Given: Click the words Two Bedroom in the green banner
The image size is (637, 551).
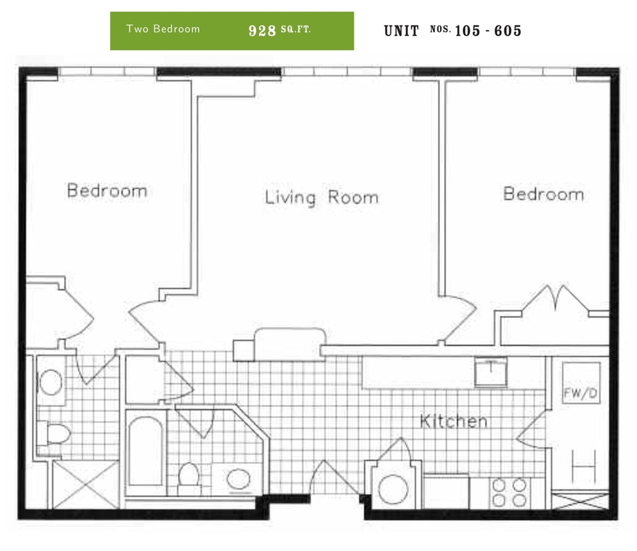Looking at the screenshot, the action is (163, 29).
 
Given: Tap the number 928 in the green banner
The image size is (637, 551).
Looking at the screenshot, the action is (262, 30).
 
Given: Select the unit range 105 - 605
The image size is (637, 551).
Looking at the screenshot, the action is (488, 31).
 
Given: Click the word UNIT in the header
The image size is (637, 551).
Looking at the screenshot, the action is (401, 31).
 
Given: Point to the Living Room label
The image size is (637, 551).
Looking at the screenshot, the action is (322, 197).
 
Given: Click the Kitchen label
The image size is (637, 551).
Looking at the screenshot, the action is (454, 422).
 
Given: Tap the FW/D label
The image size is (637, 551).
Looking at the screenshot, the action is (580, 393).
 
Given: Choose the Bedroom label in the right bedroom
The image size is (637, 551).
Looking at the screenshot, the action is (543, 194).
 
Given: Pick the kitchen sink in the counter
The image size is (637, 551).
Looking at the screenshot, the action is (490, 371).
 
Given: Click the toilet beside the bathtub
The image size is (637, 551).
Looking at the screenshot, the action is (188, 475).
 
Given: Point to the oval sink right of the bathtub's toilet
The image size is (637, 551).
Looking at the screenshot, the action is (238, 479).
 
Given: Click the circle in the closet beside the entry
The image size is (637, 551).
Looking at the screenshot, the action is (393, 489).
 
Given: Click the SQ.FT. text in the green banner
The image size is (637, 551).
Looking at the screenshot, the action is (296, 29).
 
